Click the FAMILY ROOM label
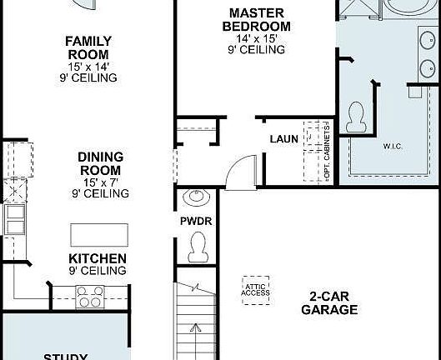[x=88, y=47]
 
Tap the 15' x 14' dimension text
[x=88, y=67]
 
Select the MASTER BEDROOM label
[x=256, y=20]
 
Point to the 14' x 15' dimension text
[x=256, y=38]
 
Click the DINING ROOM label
[x=101, y=163]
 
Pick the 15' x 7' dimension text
[x=101, y=182]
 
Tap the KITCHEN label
[x=98, y=258]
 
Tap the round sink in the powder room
[x=197, y=198]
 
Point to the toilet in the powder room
[x=198, y=246]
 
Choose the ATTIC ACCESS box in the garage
[x=255, y=287]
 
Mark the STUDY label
[x=65, y=355]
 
